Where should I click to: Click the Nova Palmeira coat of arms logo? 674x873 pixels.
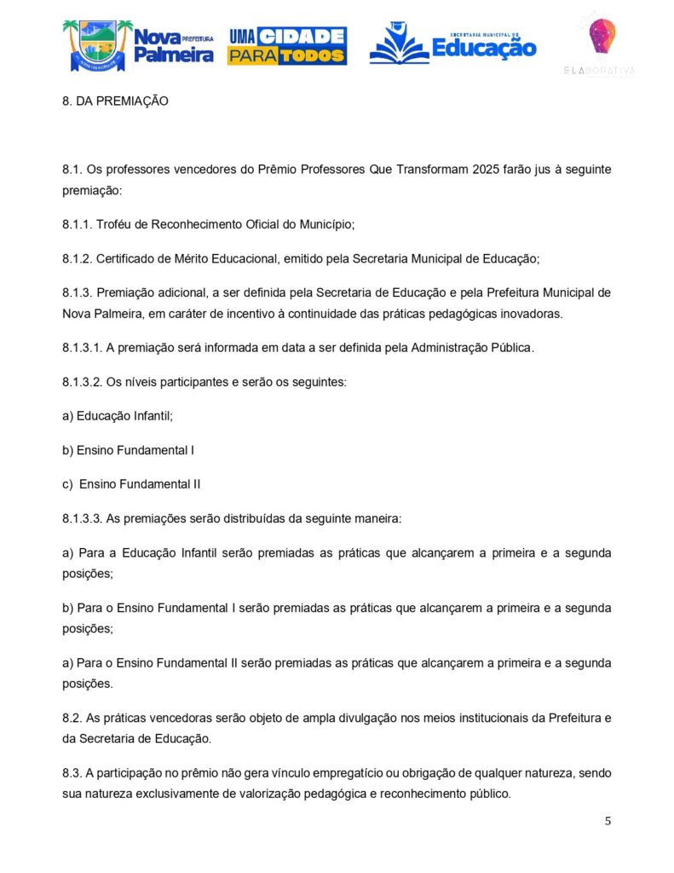tap(96, 46)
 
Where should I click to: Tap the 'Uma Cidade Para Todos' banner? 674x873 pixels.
tap(286, 46)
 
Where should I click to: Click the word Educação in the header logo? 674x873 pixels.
tap(484, 48)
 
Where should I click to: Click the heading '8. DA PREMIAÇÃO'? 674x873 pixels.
tap(116, 101)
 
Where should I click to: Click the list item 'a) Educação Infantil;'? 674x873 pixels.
tap(118, 416)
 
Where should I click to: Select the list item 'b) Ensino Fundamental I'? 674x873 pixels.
tap(129, 450)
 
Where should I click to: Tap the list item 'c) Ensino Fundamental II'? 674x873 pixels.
tap(132, 484)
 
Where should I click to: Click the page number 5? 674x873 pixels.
tap(608, 821)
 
